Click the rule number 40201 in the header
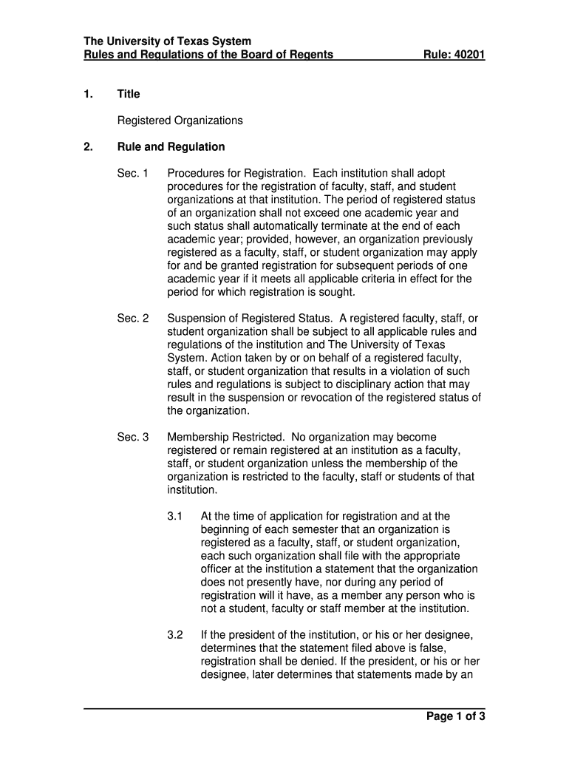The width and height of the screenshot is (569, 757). (469, 55)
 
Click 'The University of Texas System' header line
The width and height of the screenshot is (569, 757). (167, 41)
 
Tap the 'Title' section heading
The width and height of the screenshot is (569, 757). (129, 94)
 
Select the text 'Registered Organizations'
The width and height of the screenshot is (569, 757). (180, 120)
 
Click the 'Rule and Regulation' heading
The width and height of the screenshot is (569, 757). (171, 146)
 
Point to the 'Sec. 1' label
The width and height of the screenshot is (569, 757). (133, 173)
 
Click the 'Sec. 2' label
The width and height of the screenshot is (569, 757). (133, 319)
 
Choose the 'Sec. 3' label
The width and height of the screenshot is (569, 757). (133, 438)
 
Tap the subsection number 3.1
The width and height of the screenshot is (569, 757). (175, 516)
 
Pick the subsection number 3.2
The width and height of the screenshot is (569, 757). (175, 635)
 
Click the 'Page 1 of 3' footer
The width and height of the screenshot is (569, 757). (455, 716)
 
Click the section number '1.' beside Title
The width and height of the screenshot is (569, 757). (88, 94)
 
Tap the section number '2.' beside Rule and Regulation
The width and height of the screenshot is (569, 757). (88, 146)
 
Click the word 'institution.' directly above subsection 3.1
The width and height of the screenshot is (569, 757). (193, 490)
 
